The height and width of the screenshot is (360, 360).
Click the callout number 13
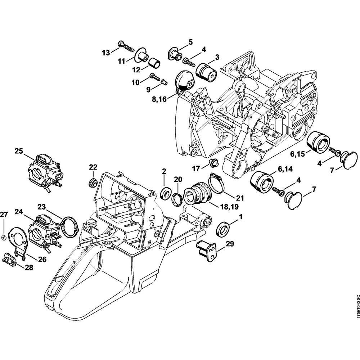click(x=105, y=53)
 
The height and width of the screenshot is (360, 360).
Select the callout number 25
click(x=19, y=150)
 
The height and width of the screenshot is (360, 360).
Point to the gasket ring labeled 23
click(x=69, y=227)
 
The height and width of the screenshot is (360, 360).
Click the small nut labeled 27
click(x=3, y=237)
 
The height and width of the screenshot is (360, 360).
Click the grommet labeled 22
click(x=93, y=181)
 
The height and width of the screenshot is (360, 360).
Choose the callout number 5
click(x=190, y=42)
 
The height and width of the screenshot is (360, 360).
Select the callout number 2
click(x=164, y=172)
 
